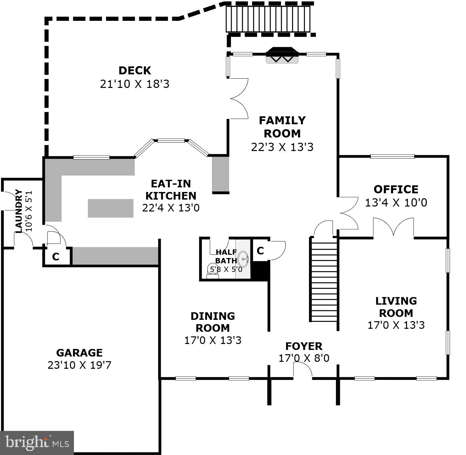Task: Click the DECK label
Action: point(135,71)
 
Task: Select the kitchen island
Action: point(111,208)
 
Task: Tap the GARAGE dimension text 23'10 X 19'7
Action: point(80,365)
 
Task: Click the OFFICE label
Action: point(396,189)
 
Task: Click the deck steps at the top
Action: point(268,19)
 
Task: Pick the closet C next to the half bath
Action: point(260,251)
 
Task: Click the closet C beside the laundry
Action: point(56,256)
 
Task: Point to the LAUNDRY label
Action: point(18,211)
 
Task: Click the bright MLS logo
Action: point(37,442)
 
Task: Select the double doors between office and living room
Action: point(393,227)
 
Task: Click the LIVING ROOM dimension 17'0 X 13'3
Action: point(396,325)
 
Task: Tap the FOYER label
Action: point(304,346)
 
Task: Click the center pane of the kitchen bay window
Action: point(171,141)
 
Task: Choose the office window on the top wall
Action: point(392,157)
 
